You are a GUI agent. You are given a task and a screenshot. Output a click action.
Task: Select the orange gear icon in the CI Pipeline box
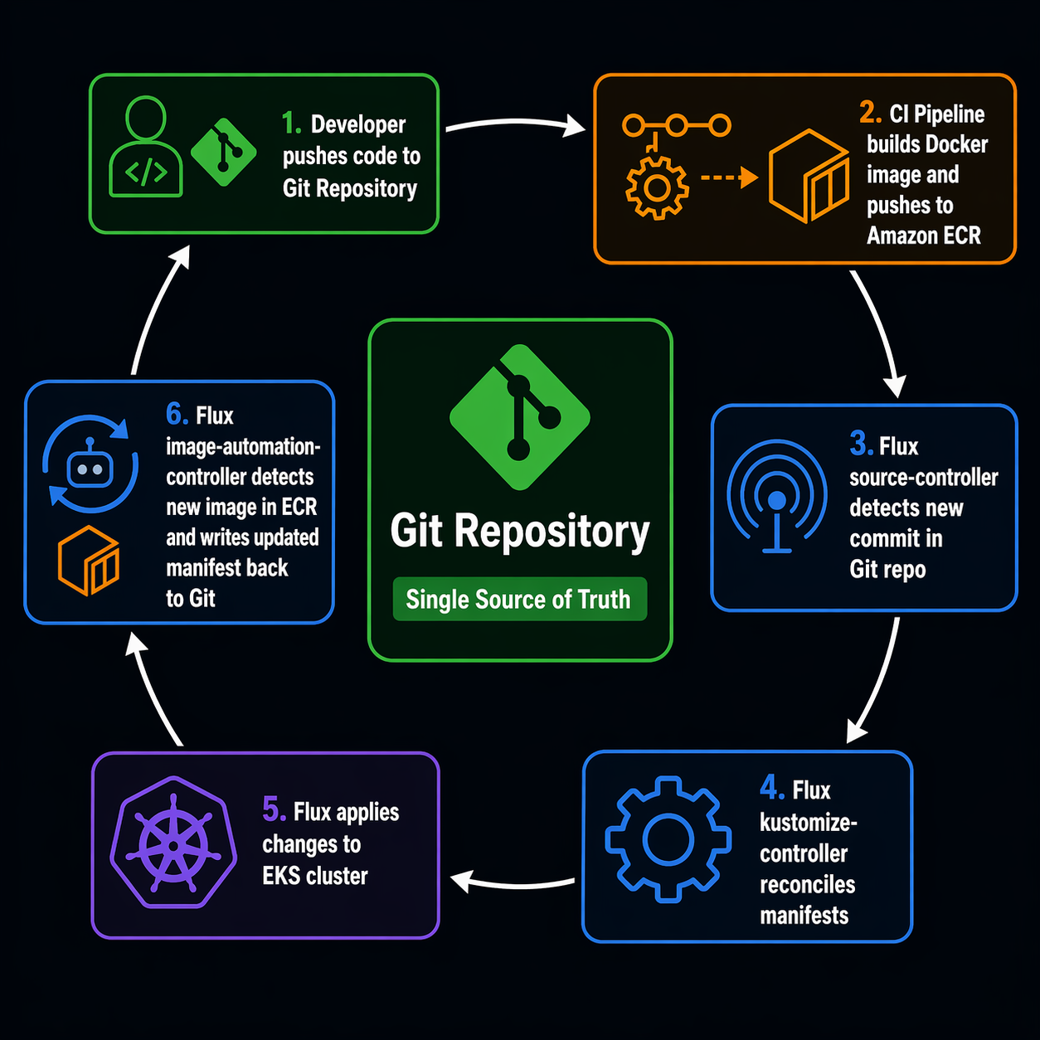[x=657, y=187]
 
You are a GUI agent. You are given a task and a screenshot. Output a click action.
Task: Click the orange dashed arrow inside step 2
[x=729, y=177]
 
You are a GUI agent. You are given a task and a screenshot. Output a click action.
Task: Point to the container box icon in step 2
[x=809, y=176]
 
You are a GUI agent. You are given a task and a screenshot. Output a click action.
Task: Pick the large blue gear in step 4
[x=668, y=839]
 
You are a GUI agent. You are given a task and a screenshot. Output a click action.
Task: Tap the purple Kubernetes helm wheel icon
[x=173, y=844]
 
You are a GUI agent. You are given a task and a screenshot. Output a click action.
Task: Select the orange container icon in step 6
[x=89, y=561]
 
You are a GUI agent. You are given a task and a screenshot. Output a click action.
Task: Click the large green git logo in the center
[x=519, y=416]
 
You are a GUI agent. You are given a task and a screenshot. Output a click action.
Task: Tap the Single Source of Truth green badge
[x=519, y=599]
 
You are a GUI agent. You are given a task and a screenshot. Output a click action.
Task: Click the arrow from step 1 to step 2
[x=514, y=124]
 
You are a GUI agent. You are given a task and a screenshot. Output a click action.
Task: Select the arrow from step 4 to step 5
[x=513, y=882]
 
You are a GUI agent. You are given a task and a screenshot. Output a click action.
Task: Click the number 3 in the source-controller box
[x=859, y=444]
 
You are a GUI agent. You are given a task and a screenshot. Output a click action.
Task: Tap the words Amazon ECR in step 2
[x=924, y=236]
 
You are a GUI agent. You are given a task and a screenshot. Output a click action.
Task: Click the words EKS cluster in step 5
[x=315, y=876]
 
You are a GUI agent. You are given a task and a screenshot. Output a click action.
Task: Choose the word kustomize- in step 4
[x=809, y=823]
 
